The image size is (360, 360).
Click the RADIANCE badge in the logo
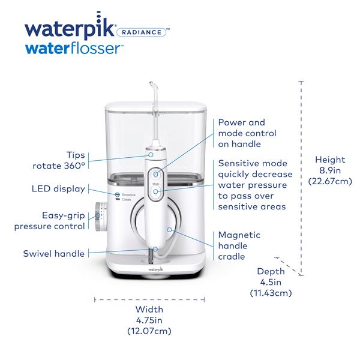[x=141, y=32]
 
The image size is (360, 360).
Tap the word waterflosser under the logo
[x=73, y=49]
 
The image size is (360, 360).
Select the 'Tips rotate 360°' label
[x=59, y=160]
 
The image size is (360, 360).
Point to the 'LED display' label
[x=58, y=189]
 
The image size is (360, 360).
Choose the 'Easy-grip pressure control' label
[x=50, y=221]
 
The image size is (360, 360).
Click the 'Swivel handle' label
[x=54, y=253]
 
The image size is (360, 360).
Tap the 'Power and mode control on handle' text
[x=247, y=133]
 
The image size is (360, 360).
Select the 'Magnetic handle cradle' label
[x=239, y=245]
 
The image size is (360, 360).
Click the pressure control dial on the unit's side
[x=101, y=217]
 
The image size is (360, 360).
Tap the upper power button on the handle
[x=155, y=175]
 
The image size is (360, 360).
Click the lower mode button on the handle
[x=155, y=191]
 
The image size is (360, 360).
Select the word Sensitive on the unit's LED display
[x=128, y=194]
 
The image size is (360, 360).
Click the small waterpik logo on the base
[x=155, y=269]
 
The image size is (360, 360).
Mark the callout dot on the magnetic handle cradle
[x=169, y=229]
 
